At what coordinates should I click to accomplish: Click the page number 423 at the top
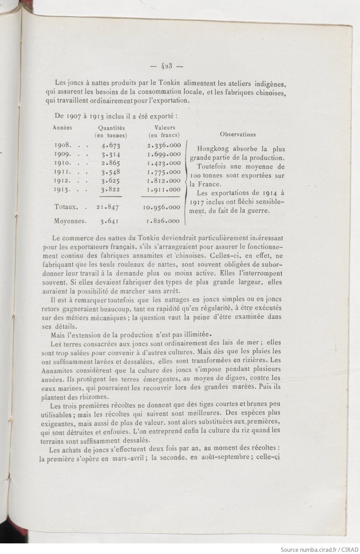(x=166, y=66)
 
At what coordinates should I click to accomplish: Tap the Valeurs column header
(x=164, y=128)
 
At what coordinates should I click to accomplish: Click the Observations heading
(x=238, y=134)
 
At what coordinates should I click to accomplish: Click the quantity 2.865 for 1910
(x=111, y=163)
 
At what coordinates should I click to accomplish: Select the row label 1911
(x=63, y=172)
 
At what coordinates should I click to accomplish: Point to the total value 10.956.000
(x=162, y=207)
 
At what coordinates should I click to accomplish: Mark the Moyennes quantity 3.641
(x=109, y=221)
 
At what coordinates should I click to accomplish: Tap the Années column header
(x=62, y=128)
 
